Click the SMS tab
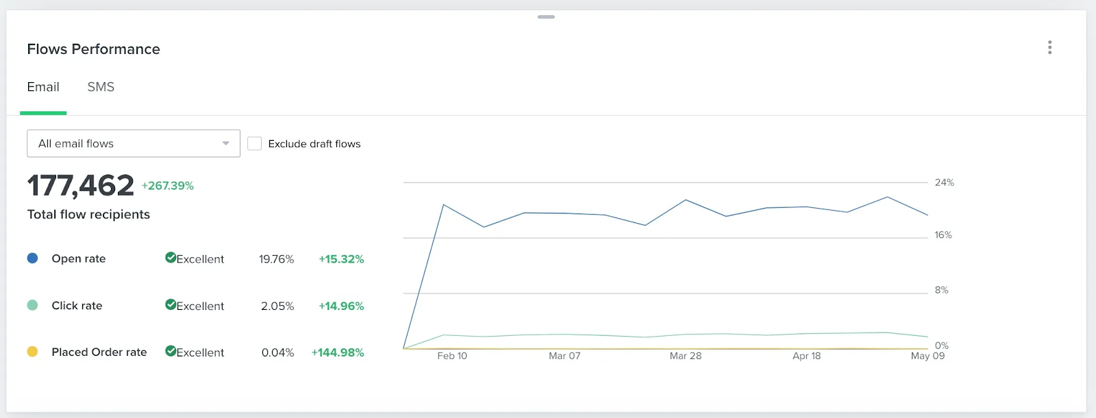pos(101,87)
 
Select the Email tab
pos(43,87)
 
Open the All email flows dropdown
pos(134,143)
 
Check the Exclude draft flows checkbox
pos(254,143)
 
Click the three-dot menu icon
pos(1049,47)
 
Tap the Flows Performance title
pos(93,49)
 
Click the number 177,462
pos(80,185)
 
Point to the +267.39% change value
pos(168,186)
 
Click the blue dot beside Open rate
pos(32,258)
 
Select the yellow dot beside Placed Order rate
pos(32,352)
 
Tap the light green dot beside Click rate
pos(32,305)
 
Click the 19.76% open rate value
pos(277,259)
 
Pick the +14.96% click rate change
pos(342,306)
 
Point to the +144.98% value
pos(338,352)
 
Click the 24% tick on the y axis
pos(945,183)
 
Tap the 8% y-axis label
pos(941,290)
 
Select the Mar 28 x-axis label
pos(686,356)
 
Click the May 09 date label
pos(927,356)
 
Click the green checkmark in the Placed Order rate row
pos(171,351)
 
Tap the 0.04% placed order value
pos(278,352)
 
